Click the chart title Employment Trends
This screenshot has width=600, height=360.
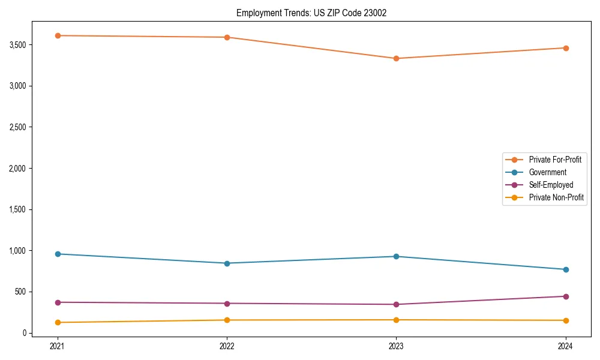tap(311, 13)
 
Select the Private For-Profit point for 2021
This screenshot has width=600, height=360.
tap(58, 35)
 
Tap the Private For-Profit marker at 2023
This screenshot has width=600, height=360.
tap(396, 58)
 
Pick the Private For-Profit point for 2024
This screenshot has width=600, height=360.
tap(566, 48)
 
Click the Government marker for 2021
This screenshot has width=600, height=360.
tap(58, 254)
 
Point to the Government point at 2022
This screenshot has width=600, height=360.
tap(227, 263)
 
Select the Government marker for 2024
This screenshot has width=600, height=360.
tap(566, 269)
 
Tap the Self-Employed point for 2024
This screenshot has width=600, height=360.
tap(566, 296)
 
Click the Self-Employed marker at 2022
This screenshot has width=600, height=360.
tap(227, 303)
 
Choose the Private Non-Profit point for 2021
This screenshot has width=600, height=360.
tap(58, 322)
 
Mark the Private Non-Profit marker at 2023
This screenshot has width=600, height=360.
tap(396, 320)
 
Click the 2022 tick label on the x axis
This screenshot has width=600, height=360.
tap(227, 346)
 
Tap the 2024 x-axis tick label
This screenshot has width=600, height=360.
tap(566, 346)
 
